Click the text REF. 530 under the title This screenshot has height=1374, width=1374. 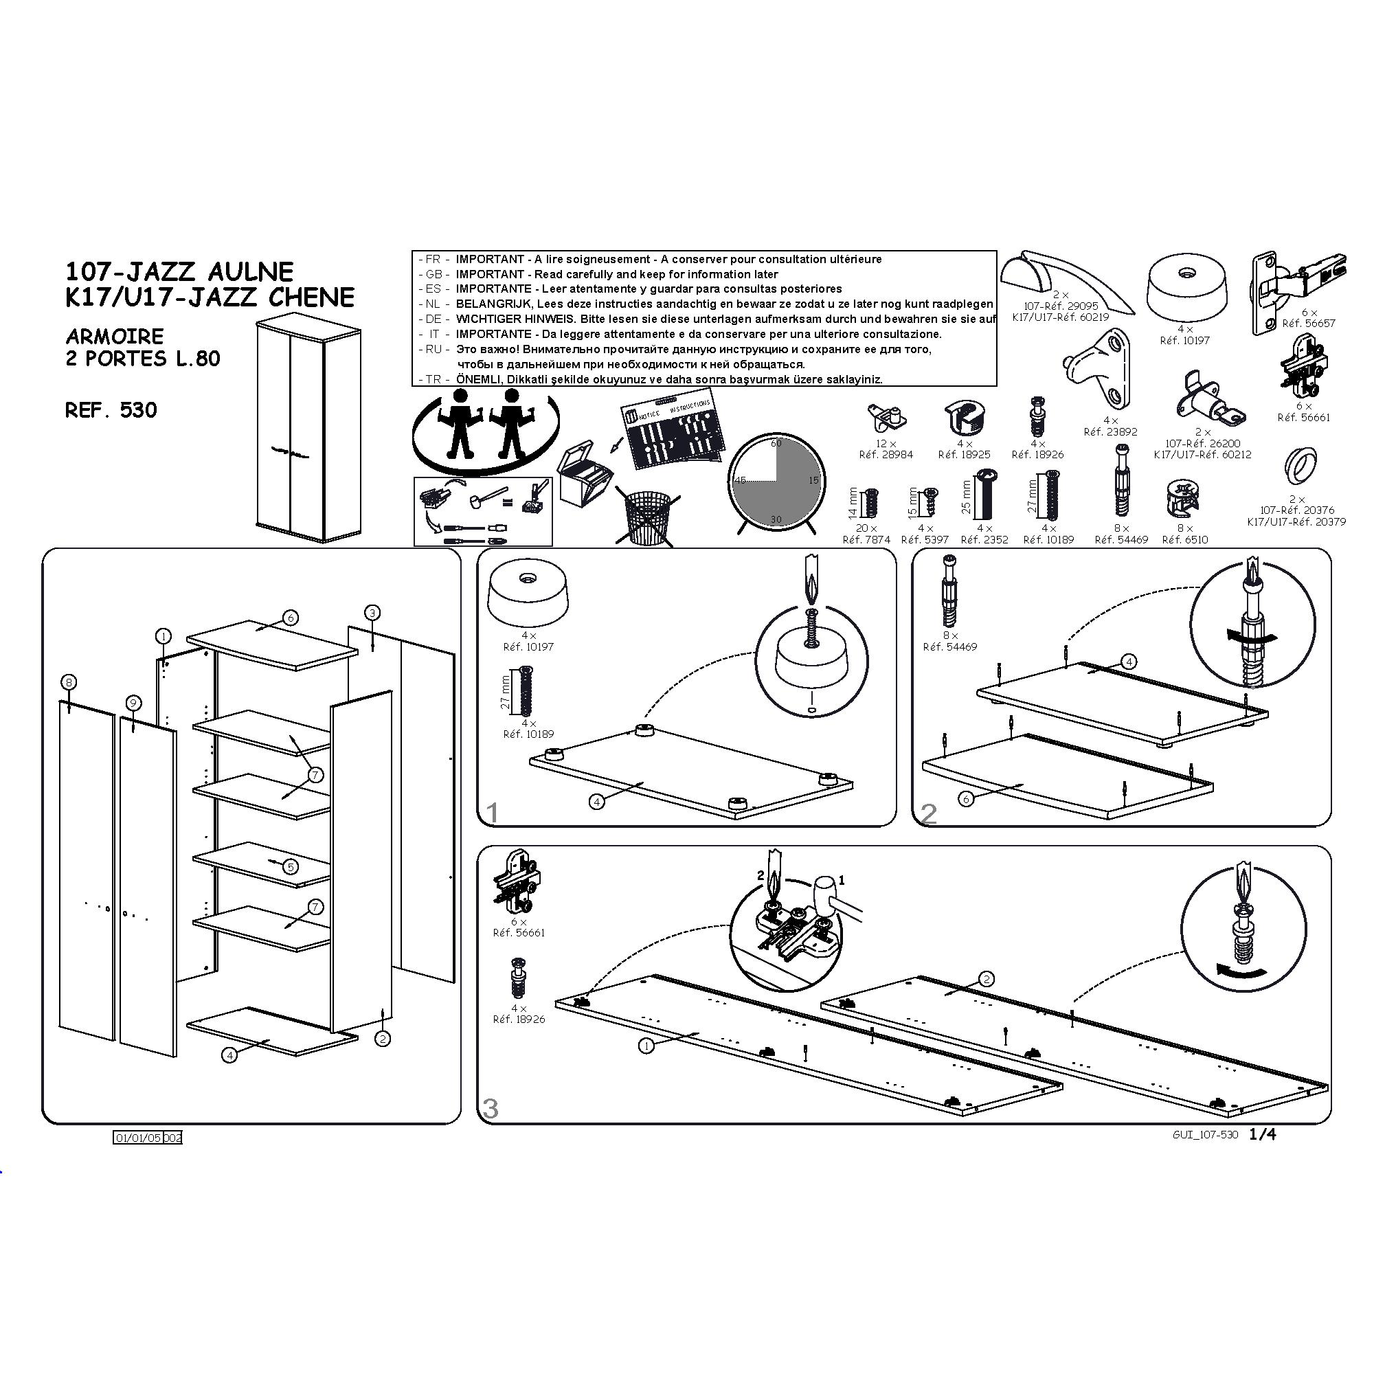[111, 410]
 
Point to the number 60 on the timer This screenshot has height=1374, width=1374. [776, 443]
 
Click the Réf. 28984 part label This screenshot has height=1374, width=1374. [886, 454]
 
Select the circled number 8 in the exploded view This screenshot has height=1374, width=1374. [68, 683]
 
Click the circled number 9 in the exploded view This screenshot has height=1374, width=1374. [133, 703]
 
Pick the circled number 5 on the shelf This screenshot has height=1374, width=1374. [290, 867]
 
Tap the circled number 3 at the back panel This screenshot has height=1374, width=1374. [372, 612]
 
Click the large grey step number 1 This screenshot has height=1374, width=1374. [491, 813]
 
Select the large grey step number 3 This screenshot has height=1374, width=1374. [491, 1109]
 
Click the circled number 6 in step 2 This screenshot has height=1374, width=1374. [966, 800]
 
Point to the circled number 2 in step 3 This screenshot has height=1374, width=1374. [986, 979]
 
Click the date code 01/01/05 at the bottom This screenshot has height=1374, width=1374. [138, 1138]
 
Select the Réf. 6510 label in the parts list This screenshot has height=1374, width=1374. [1185, 540]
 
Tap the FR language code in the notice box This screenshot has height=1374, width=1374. [432, 260]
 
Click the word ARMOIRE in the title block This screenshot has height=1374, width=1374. [115, 336]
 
